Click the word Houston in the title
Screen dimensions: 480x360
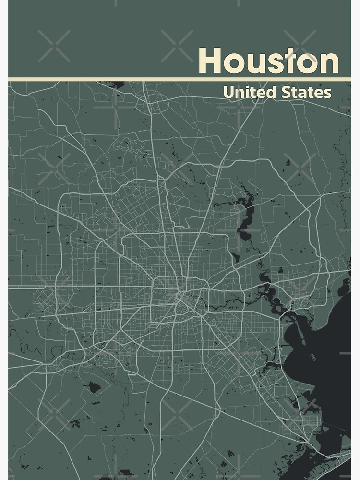[x=268, y=61]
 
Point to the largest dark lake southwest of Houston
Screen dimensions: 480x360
[x=93, y=387]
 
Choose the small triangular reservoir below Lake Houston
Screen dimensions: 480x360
[x=236, y=257]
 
